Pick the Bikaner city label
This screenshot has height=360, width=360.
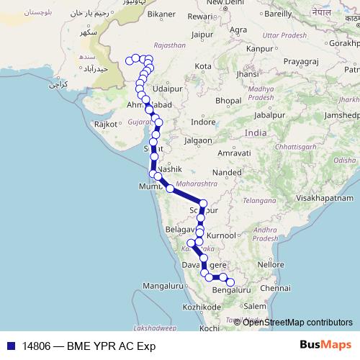(161, 14)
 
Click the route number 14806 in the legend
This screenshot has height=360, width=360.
(37, 345)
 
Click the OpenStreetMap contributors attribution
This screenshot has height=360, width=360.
(297, 322)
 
